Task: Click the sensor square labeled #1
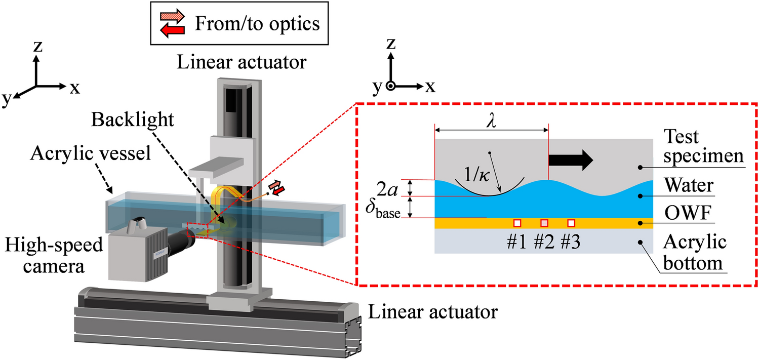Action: (x=517, y=223)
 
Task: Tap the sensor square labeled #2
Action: (x=544, y=223)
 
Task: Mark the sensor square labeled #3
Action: (x=571, y=223)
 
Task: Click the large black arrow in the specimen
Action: (x=570, y=159)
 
